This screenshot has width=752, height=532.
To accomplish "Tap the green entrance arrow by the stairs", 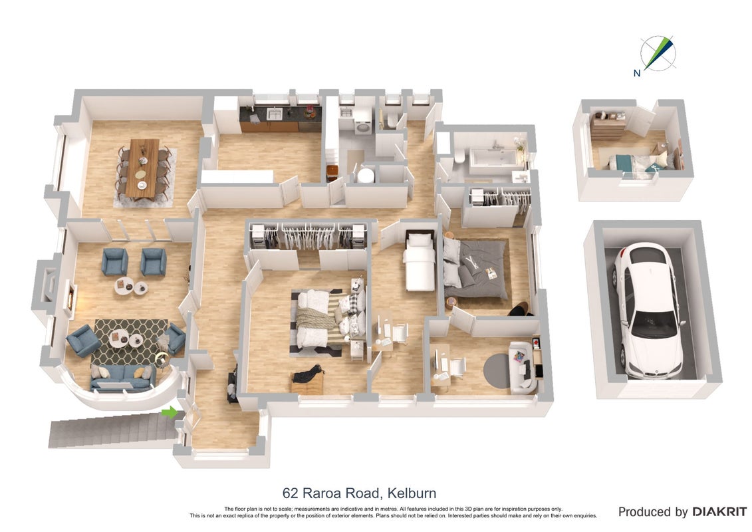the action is pyautogui.click(x=170, y=412).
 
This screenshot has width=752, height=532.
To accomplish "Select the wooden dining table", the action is pyautogui.click(x=142, y=168).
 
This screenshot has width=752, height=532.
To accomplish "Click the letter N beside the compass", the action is pyautogui.click(x=637, y=73).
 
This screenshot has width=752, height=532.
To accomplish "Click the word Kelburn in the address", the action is pyautogui.click(x=412, y=493).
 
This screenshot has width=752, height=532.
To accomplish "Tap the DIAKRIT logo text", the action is pyautogui.click(x=719, y=512).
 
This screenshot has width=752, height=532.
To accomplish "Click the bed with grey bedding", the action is pyautogui.click(x=475, y=268).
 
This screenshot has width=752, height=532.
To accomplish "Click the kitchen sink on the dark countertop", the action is pyautogui.click(x=275, y=114).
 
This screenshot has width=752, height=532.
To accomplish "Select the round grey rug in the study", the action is pyautogui.click(x=497, y=369).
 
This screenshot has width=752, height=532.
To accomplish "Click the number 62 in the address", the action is pyautogui.click(x=290, y=493).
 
